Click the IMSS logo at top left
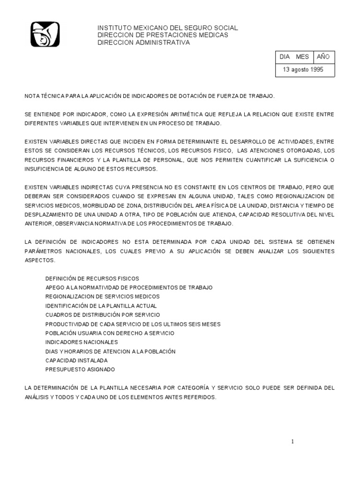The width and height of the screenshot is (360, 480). point(45,35)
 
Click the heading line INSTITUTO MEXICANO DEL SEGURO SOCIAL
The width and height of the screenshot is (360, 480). point(167,28)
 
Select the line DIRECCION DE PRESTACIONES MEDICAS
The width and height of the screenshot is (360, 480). point(163,35)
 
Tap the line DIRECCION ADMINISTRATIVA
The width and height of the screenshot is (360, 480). point(143,42)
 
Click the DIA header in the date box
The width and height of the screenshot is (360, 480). point(285,57)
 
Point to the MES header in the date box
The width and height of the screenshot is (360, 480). point(302,57)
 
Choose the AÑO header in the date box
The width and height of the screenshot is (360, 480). point(323,57)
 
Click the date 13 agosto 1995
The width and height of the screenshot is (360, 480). point(302,69)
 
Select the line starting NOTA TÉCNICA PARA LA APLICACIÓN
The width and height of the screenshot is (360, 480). point(149,96)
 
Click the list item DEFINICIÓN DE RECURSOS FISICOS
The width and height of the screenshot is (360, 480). point(92,278)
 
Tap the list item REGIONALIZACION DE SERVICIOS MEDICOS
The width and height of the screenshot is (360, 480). point(102,297)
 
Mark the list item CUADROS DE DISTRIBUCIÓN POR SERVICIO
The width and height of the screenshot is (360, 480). point(102,315)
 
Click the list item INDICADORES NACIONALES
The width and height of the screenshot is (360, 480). point(82,342)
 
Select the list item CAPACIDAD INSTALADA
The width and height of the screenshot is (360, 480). point(76,360)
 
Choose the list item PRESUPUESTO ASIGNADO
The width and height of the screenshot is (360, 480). point(80,369)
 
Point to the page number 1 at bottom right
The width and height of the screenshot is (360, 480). point(292,442)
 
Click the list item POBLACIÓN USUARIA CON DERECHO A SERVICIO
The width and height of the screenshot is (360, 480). point(110,333)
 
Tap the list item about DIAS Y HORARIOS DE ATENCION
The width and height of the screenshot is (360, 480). point(110,352)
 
